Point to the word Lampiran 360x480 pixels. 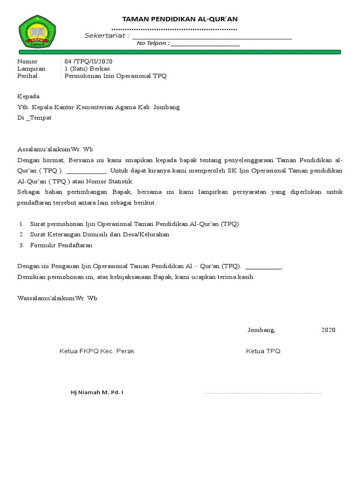pyautogui.click(x=31, y=68)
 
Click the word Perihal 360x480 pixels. pyautogui.click(x=27, y=75)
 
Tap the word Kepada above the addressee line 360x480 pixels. pyautogui.click(x=29, y=96)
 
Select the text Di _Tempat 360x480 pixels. pyautogui.click(x=34, y=118)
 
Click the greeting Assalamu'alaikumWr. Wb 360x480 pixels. pyautogui.click(x=56, y=150)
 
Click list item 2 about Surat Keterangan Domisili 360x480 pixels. pyautogui.click(x=99, y=234)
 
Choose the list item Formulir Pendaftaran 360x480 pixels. pyautogui.click(x=61, y=245)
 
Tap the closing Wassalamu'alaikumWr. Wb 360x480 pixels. pyautogui.click(x=57, y=298)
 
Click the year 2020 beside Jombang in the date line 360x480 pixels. pyautogui.click(x=328, y=330)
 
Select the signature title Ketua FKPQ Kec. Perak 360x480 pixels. pyautogui.click(x=97, y=351)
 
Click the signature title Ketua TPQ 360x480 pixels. pyautogui.click(x=263, y=351)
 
